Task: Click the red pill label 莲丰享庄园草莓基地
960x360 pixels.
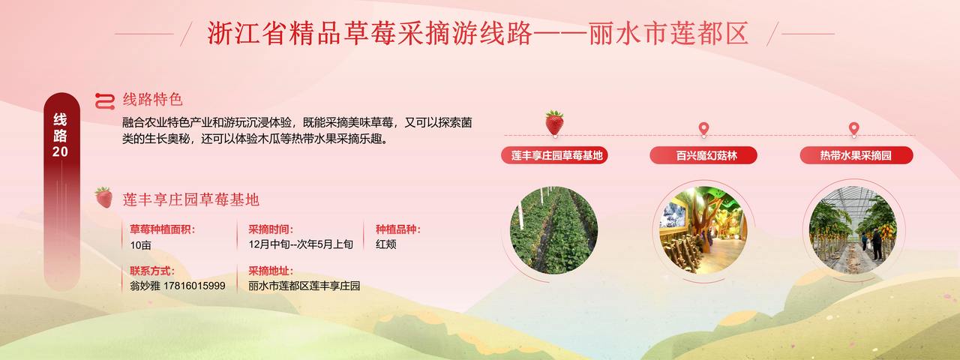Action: click(554, 155)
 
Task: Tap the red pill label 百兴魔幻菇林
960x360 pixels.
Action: click(703, 155)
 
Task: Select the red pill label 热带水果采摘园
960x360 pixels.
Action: click(856, 155)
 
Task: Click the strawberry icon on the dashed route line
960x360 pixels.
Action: click(554, 124)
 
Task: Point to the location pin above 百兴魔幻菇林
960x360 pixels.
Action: click(703, 129)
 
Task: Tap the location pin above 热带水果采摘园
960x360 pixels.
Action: click(853, 129)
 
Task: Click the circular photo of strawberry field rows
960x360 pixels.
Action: click(553, 230)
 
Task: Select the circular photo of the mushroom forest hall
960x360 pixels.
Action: click(703, 230)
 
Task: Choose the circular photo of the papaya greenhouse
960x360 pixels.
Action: click(853, 230)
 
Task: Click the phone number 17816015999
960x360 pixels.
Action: click(194, 286)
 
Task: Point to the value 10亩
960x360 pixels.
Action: click(140, 245)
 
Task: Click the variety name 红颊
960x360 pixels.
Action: click(385, 244)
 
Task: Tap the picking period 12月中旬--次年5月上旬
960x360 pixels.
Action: click(301, 244)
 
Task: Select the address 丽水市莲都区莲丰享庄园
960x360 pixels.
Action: click(304, 286)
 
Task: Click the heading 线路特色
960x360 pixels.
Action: click(152, 100)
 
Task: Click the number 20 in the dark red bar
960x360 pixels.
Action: click(61, 151)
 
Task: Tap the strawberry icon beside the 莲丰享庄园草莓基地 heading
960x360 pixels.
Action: click(104, 197)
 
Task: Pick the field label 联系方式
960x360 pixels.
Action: click(151, 271)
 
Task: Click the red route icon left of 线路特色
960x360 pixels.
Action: click(105, 101)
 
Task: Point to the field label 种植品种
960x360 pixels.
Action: click(397, 229)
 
